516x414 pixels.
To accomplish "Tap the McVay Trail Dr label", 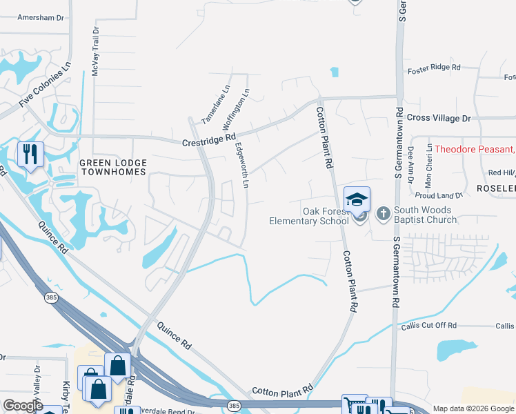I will [96, 52].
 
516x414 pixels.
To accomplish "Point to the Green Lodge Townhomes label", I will [113, 166].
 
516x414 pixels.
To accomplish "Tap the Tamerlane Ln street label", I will [215, 104].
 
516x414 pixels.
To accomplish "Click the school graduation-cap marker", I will [357, 199].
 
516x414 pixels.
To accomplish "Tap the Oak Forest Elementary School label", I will [310, 216].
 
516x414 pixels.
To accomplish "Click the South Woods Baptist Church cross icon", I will [384, 213].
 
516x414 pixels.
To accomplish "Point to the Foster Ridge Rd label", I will [434, 68].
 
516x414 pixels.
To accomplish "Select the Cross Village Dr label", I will [438, 118].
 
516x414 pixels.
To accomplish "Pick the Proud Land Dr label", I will [444, 195].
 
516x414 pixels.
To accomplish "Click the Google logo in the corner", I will [23, 406].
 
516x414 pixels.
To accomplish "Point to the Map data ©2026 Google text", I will [473, 408].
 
